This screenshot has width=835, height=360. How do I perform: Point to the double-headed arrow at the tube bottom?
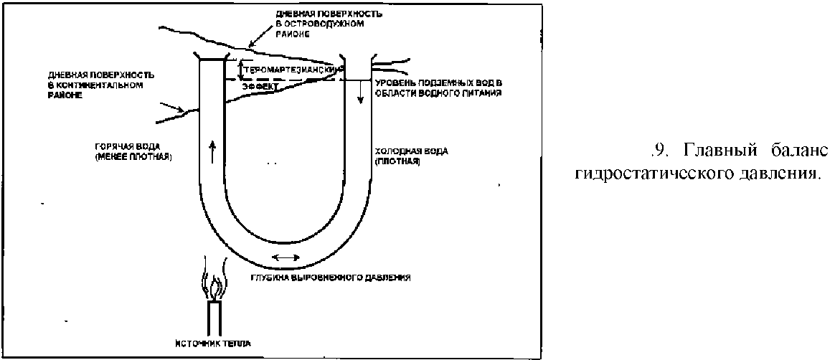(x=286, y=257)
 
